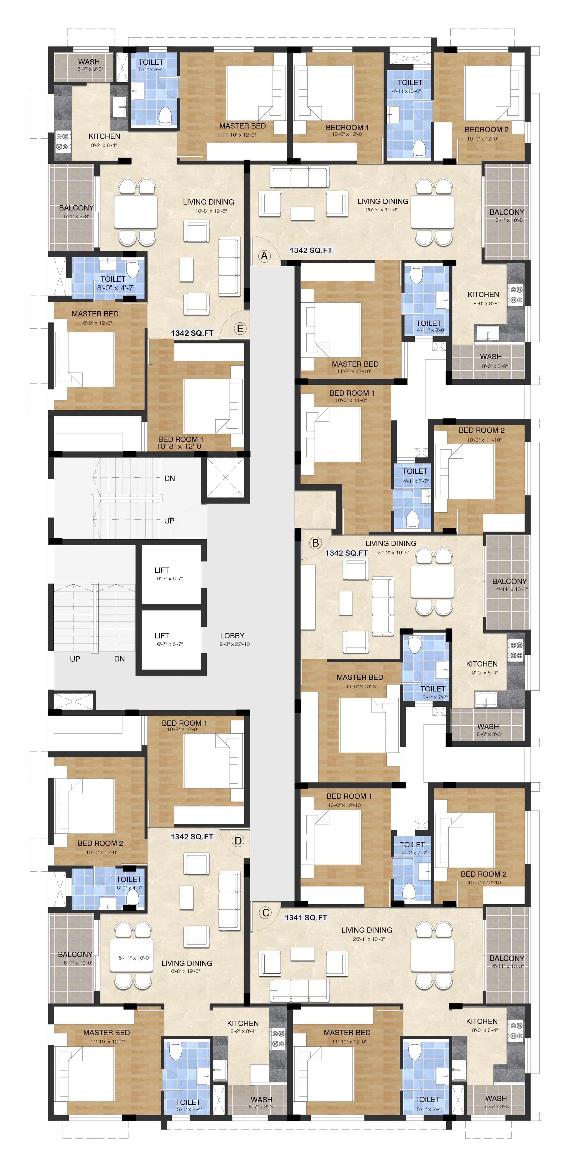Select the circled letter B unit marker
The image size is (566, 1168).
(x=315, y=543)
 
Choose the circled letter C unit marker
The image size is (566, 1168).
(x=265, y=913)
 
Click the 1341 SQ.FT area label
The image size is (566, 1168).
(x=305, y=918)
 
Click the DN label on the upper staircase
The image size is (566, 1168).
(x=170, y=478)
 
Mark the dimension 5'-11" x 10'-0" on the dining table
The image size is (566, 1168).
(x=134, y=958)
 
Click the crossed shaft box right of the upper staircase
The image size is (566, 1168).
(x=225, y=478)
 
